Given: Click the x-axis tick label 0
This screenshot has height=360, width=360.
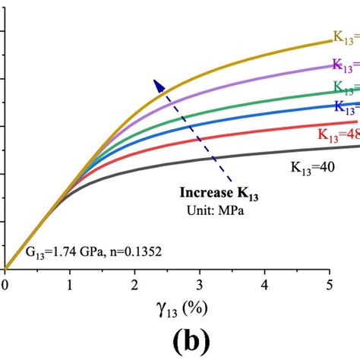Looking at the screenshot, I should pyautogui.click(x=5, y=285).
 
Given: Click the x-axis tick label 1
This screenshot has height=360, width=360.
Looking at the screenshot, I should pyautogui.click(x=69, y=285).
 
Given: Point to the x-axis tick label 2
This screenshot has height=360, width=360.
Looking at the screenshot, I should pyautogui.click(x=134, y=285).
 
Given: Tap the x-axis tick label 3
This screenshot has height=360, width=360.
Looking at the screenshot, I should pyautogui.click(x=200, y=285).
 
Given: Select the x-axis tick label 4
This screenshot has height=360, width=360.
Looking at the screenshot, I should pyautogui.click(x=265, y=285).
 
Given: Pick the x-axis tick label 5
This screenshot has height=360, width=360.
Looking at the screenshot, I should pyautogui.click(x=330, y=285).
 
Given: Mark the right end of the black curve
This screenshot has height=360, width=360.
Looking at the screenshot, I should pyautogui.click(x=358, y=146).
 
